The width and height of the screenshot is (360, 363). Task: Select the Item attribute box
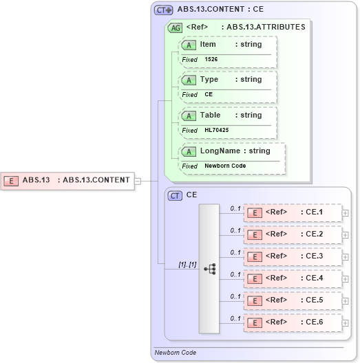click(x=228, y=45)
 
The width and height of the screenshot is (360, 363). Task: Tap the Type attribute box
click(x=228, y=80)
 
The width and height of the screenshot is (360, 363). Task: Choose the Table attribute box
click(x=228, y=115)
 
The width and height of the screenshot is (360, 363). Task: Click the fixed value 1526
click(x=212, y=60)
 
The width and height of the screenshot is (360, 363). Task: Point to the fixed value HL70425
click(x=218, y=131)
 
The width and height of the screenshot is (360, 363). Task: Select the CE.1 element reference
click(x=293, y=212)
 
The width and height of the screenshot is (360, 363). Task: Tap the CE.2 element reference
click(x=293, y=234)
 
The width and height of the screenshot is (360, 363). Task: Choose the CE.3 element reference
click(x=293, y=256)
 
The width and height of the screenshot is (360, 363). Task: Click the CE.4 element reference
click(x=293, y=278)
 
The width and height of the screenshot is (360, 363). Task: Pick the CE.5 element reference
click(x=293, y=300)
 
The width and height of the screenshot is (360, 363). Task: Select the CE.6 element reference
click(x=293, y=322)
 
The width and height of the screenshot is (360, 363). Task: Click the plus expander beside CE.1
click(x=346, y=213)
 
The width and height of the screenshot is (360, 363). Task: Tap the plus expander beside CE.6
click(x=346, y=323)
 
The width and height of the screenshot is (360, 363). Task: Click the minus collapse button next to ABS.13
click(x=138, y=181)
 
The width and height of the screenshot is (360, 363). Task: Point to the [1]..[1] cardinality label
click(x=187, y=265)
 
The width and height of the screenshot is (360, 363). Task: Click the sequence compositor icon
click(x=209, y=268)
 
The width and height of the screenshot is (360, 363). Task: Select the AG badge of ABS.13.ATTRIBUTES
click(x=176, y=27)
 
